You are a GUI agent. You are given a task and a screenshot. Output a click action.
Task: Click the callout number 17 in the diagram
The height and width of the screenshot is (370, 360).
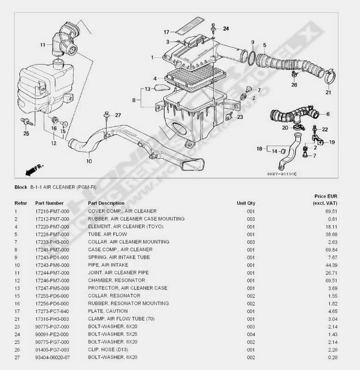[x=166, y=32]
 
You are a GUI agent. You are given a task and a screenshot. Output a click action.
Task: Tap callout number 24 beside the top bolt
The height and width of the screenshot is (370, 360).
[x=226, y=29]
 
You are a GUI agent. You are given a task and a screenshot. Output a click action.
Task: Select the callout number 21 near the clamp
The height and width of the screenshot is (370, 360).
[x=328, y=92]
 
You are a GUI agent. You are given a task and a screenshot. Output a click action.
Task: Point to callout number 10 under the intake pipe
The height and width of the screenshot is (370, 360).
[x=89, y=161]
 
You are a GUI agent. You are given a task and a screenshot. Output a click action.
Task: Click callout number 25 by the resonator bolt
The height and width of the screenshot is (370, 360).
[x=26, y=134]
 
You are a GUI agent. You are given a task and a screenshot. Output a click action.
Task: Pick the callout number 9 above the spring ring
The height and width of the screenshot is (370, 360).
[x=252, y=42]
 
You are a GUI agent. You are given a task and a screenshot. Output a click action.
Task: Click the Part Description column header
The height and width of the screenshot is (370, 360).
[x=106, y=203]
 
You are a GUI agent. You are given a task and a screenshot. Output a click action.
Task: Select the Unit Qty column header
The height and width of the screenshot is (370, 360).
[x=246, y=203]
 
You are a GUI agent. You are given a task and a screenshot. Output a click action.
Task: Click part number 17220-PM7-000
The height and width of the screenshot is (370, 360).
[x=52, y=227]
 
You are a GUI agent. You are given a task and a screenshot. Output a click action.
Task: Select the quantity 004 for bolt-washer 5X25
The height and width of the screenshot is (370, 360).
[x=251, y=334]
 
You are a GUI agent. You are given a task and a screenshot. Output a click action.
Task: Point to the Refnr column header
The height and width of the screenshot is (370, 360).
[x=21, y=203]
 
